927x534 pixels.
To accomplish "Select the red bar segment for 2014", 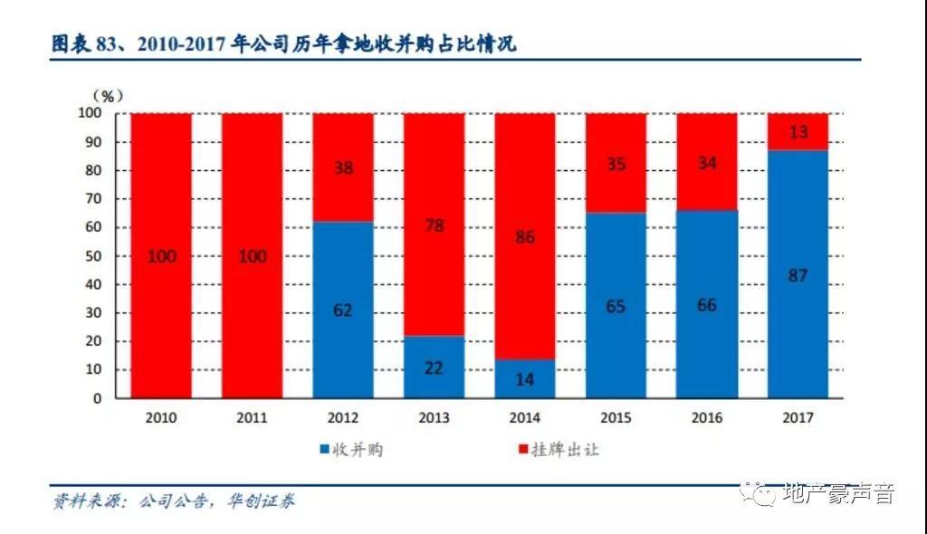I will pyautogui.click(x=525, y=208).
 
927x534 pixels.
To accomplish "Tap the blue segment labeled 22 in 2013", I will pyautogui.click(x=434, y=367).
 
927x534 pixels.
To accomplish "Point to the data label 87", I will pyautogui.click(x=798, y=276).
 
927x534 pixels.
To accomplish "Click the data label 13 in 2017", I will pyautogui.click(x=798, y=132).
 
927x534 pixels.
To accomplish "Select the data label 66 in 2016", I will pyautogui.click(x=706, y=305).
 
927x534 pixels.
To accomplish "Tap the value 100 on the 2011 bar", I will pyautogui.click(x=253, y=256).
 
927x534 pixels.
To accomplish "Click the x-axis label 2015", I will pyautogui.click(x=616, y=418).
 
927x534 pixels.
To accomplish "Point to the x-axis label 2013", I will pyautogui.click(x=434, y=418).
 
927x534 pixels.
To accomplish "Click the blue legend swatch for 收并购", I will pyautogui.click(x=324, y=450).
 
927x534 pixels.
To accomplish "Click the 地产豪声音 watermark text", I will pyautogui.click(x=836, y=494).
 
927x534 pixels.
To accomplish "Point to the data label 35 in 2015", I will pyautogui.click(x=616, y=164).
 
